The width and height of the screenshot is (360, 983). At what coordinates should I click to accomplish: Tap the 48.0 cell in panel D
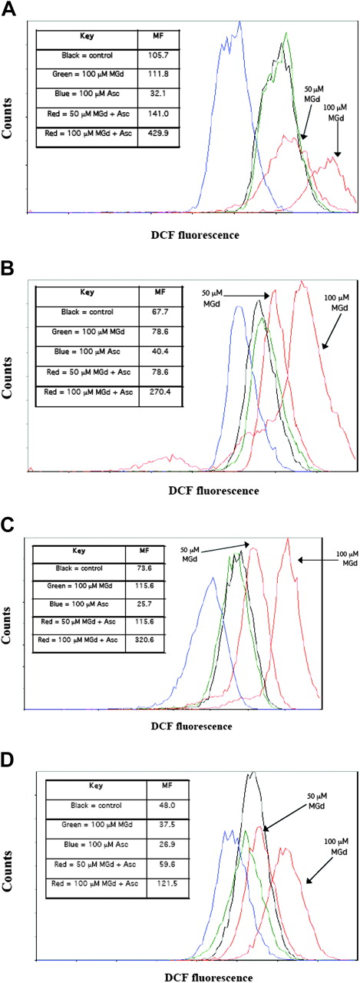point(167,805)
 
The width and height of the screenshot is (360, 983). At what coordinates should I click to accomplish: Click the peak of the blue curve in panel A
point(240,22)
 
